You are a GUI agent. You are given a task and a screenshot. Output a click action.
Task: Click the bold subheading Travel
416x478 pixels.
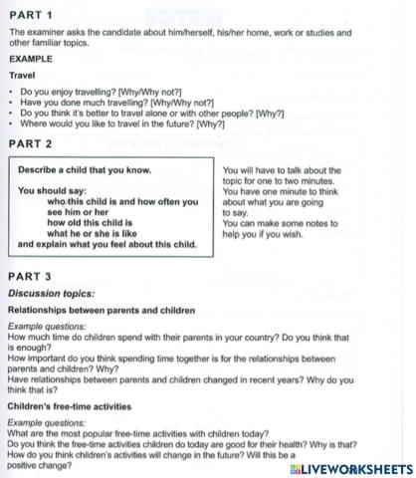click(22, 75)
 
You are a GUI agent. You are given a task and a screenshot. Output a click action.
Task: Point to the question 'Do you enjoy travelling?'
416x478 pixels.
click(90, 92)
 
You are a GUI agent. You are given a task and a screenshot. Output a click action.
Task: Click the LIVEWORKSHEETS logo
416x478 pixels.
click(353, 467)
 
